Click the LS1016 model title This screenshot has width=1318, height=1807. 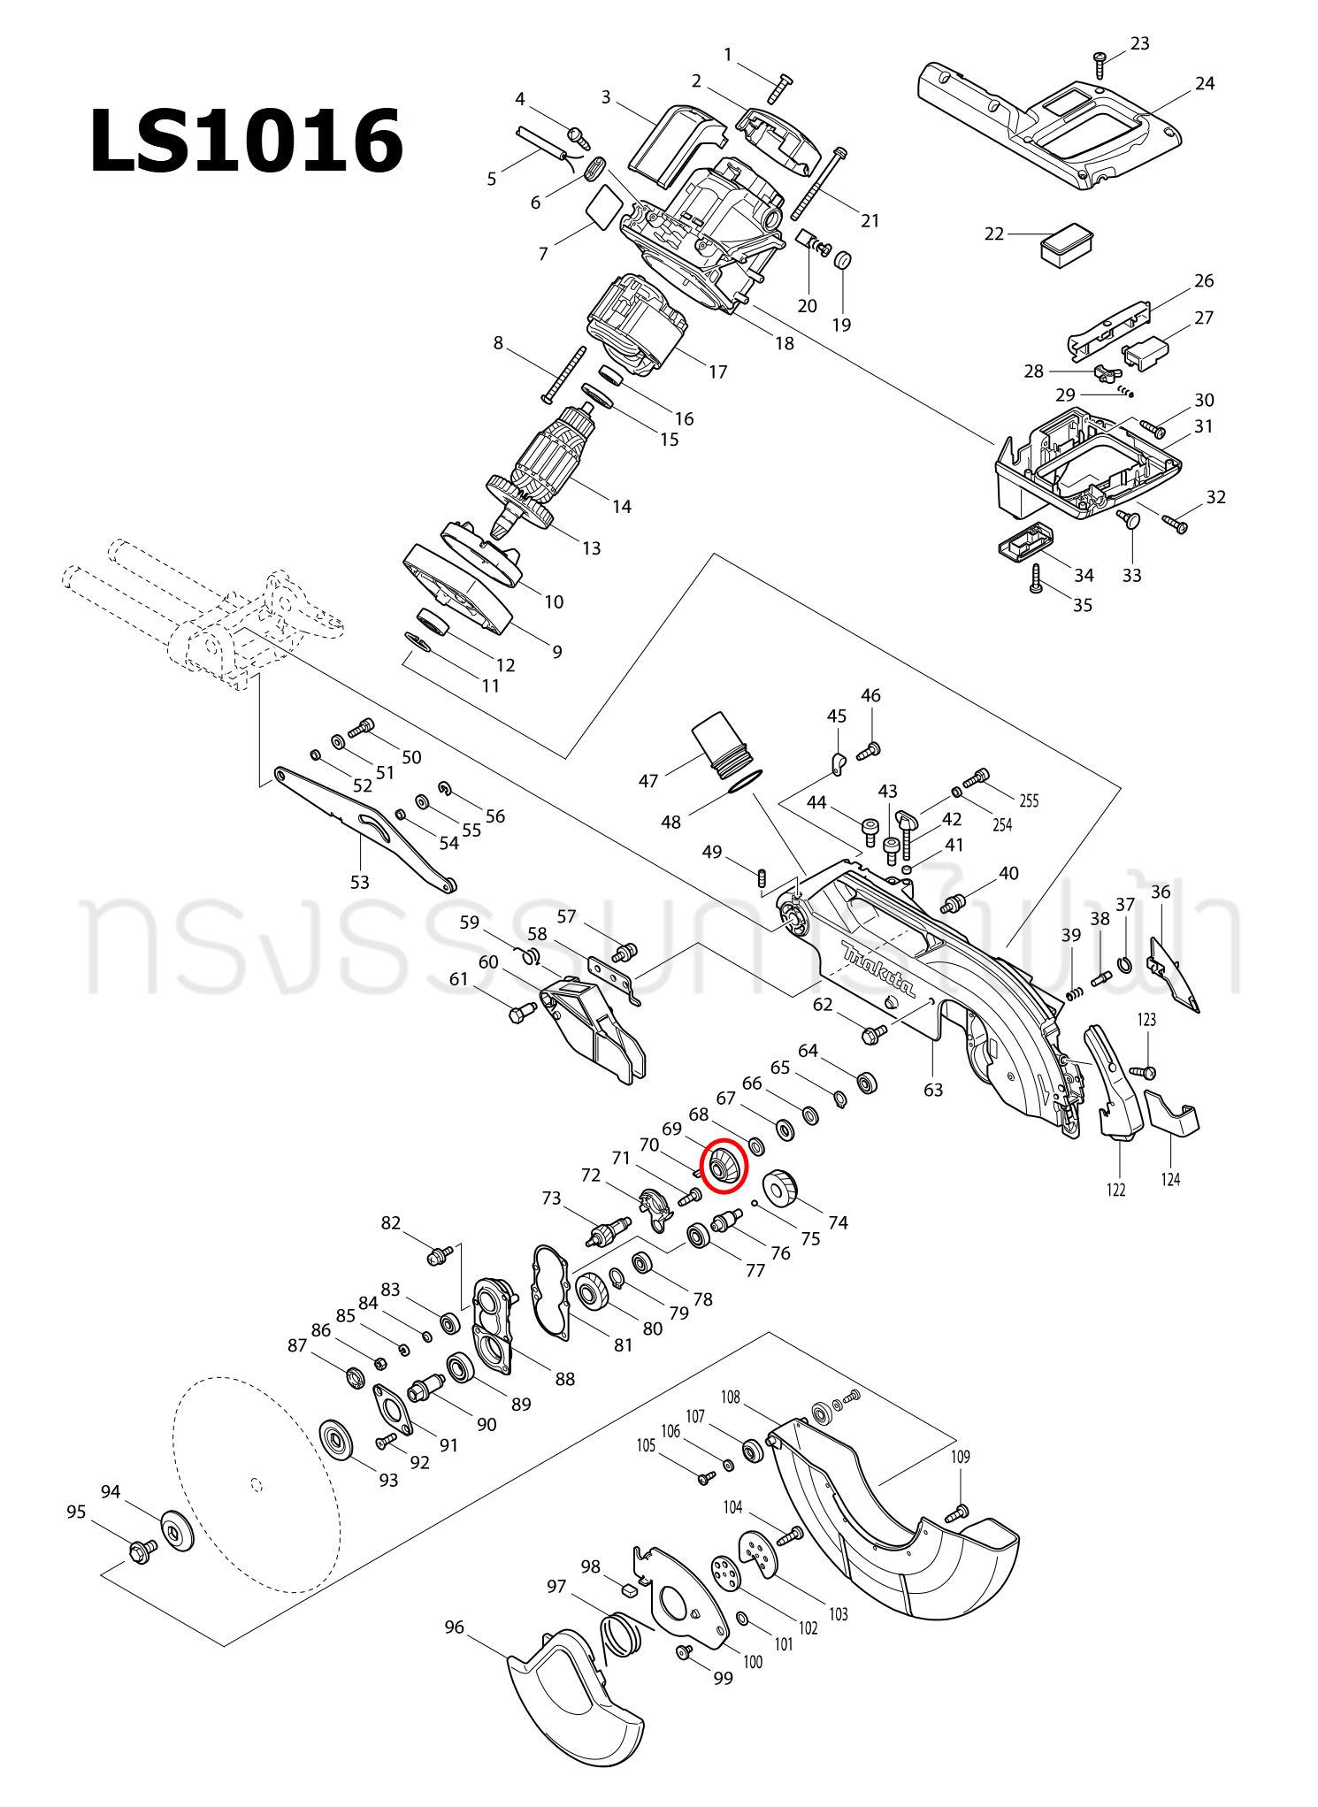pyautogui.click(x=246, y=142)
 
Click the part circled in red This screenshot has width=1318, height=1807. pyautogui.click(x=724, y=1167)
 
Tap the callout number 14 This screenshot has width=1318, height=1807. pyautogui.click(x=622, y=507)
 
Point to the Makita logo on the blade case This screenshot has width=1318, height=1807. pyautogui.click(x=877, y=968)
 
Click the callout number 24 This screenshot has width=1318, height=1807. pyautogui.click(x=1205, y=84)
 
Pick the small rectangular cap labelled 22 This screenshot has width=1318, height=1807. pyautogui.click(x=1066, y=243)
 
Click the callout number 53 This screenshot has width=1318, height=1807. pyautogui.click(x=360, y=882)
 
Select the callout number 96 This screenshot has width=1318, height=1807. pyautogui.click(x=454, y=1627)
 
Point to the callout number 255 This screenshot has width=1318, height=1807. pyautogui.click(x=1029, y=800)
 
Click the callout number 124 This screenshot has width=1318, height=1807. pyautogui.click(x=1170, y=1179)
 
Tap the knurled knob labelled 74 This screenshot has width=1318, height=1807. pyautogui.click(x=779, y=1188)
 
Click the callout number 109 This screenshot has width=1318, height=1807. pyautogui.click(x=961, y=1457)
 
